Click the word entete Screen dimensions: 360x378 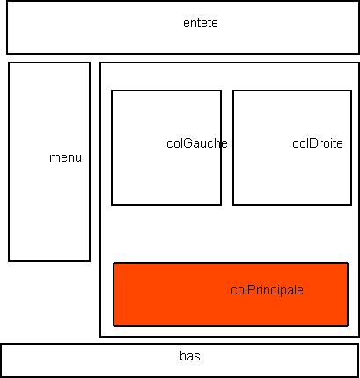coord(201,23)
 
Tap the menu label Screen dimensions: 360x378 coord(65,157)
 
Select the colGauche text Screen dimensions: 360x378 coord(197,143)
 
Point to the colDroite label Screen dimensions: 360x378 coord(318,143)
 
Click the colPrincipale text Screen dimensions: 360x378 coord(267,290)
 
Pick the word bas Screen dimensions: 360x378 coord(190,356)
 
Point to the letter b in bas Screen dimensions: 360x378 coord(182,356)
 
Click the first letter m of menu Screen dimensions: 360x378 coord(54,158)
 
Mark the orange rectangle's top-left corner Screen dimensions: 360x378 coord(114,263)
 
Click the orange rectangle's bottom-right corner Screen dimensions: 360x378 coord(348,326)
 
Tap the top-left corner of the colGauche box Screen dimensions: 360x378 coord(112,91)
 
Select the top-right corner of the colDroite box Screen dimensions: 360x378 coord(351,91)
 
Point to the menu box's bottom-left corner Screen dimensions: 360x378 coord(9,260)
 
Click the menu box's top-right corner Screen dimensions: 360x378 coord(90,62)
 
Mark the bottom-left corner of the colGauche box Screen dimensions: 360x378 coord(112,204)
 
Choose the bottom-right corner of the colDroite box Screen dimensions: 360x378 coord(351,205)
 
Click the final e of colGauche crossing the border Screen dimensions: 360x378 coord(224,144)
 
